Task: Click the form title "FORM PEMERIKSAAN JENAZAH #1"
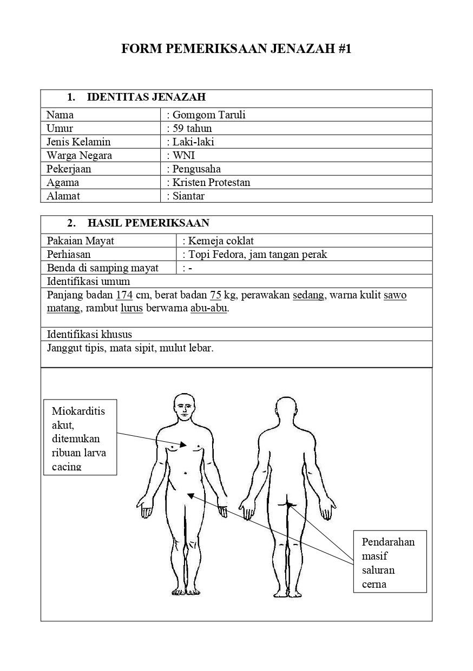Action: click(x=236, y=49)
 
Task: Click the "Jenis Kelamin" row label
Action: click(x=78, y=142)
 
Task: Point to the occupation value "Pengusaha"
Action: click(x=196, y=169)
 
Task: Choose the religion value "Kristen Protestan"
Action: click(x=211, y=182)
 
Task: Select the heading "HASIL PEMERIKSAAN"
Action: click(x=148, y=223)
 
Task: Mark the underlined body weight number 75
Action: click(x=215, y=295)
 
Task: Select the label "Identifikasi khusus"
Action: click(x=89, y=334)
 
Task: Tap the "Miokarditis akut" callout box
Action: click(x=80, y=437)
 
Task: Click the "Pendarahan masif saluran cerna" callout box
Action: click(x=390, y=561)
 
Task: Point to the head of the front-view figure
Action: click(x=185, y=406)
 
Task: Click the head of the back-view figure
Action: click(x=286, y=409)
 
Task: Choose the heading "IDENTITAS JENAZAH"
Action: click(x=146, y=97)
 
